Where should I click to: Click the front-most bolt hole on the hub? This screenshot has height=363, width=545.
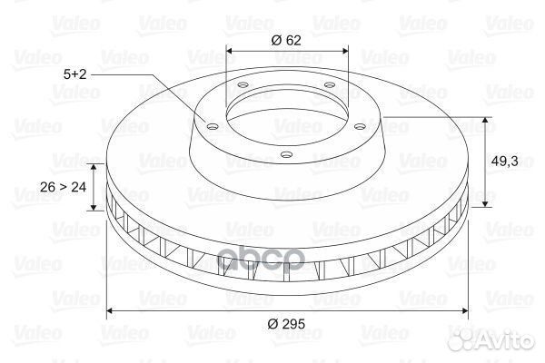click(286, 154)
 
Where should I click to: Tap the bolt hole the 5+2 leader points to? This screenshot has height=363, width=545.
click(212, 127)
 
